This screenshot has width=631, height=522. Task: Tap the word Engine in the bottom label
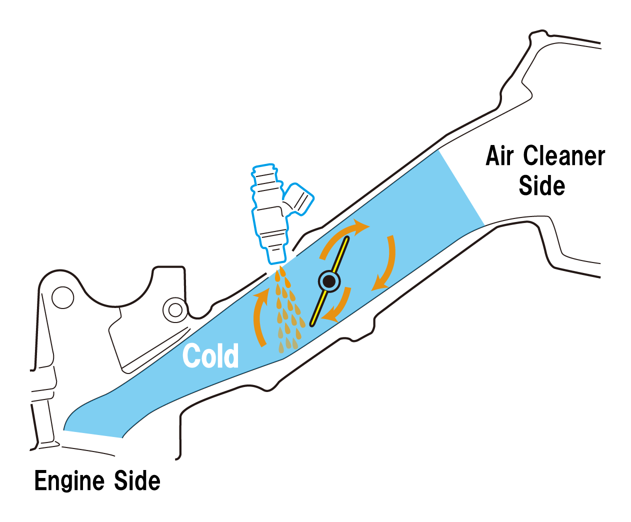[69, 480]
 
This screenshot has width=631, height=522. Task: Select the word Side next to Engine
[137, 480]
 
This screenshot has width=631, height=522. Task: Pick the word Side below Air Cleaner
[542, 185]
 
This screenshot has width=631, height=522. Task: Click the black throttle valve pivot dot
[329, 281]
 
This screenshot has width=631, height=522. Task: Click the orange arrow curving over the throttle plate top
[341, 232]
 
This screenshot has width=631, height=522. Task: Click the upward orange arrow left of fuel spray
[258, 317]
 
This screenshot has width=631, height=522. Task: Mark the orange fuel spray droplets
[288, 310]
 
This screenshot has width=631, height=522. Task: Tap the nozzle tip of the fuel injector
[275, 257]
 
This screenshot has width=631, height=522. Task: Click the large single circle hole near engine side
[63, 297]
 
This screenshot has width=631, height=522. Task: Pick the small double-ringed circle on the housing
[175, 310]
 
